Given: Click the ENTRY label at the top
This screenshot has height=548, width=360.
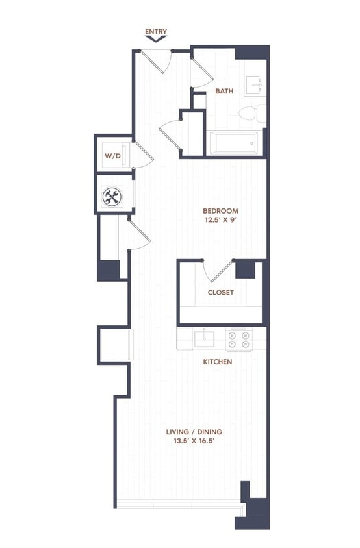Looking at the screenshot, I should coord(157,31).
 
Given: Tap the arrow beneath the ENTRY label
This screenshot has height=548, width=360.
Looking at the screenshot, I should coord(157,39).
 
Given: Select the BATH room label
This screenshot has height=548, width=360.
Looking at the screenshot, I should coord(224,92).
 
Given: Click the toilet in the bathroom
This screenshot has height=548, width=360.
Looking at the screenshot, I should coord(251,115).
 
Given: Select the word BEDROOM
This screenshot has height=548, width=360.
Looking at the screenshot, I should coord(220,211).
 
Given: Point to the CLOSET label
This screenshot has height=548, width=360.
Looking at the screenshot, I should coord(220,292).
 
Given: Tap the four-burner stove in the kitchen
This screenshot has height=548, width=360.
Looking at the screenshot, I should coord(238,340).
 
